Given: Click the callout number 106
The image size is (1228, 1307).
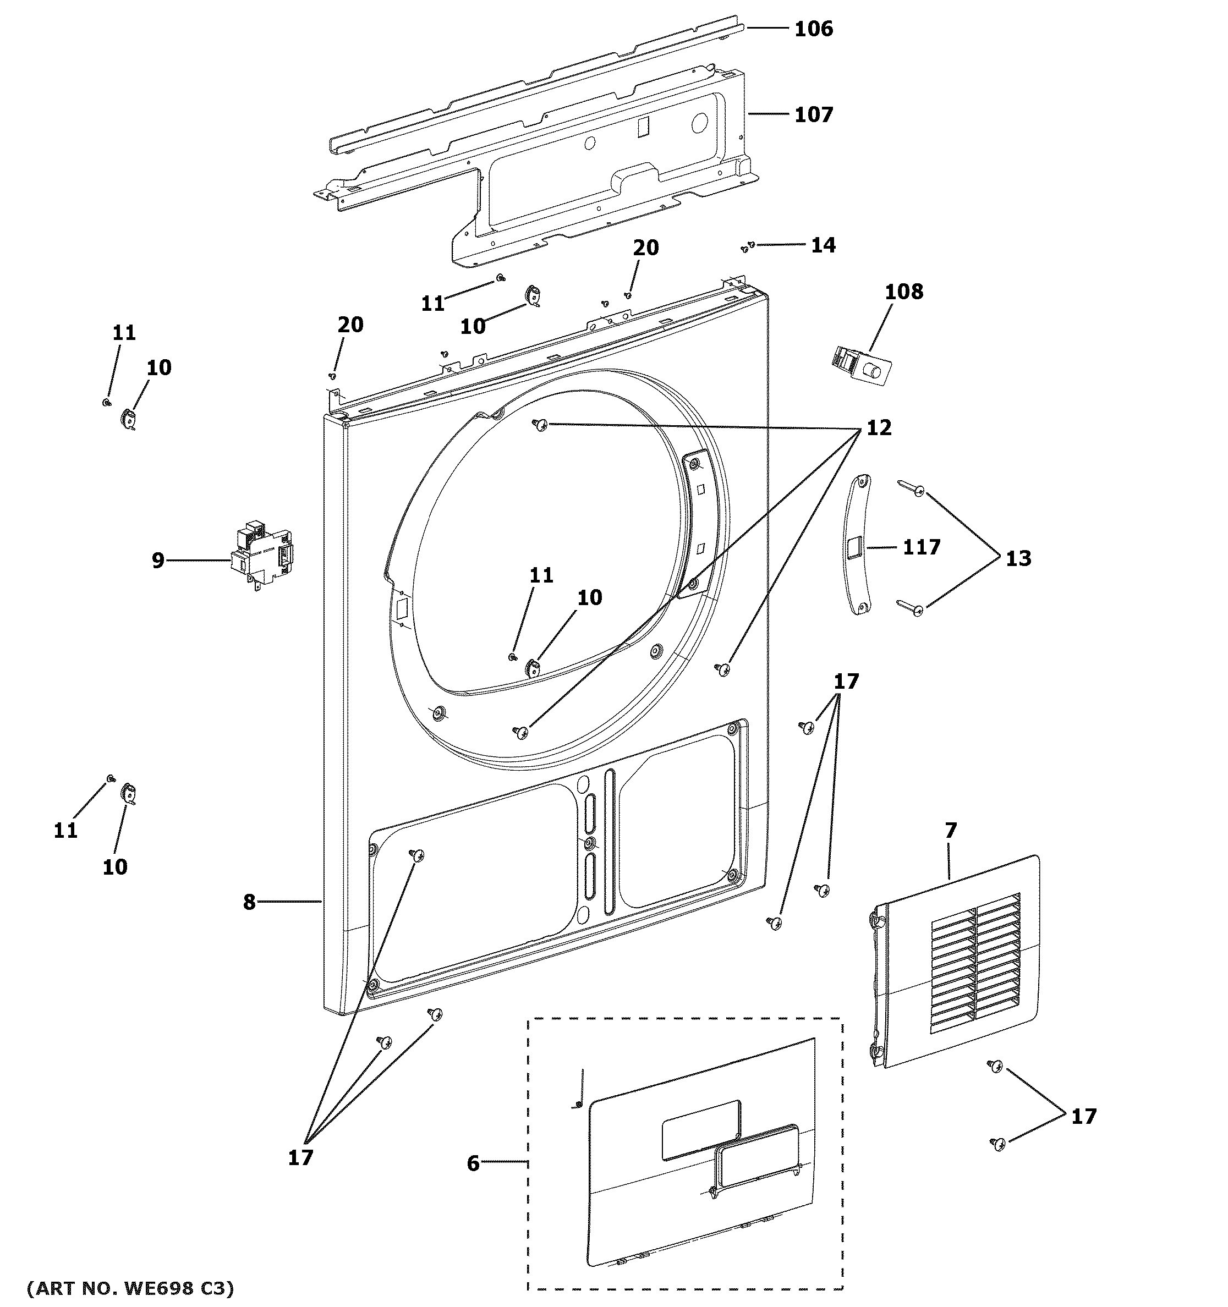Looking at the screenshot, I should click(x=813, y=29).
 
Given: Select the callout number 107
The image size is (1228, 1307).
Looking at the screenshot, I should click(x=813, y=115).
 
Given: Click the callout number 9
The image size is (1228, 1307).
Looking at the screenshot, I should click(x=158, y=561).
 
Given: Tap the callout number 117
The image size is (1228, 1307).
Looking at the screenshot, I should click(x=921, y=547).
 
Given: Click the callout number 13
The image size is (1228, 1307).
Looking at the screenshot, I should click(x=1018, y=559).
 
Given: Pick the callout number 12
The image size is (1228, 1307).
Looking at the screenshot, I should click(x=879, y=428).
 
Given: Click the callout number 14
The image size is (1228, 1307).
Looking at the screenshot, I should click(x=823, y=245).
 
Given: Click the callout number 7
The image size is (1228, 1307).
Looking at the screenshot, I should click(x=951, y=831).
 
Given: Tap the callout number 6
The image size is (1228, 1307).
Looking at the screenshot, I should click(x=473, y=1163).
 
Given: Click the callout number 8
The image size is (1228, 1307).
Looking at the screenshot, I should click(x=249, y=903).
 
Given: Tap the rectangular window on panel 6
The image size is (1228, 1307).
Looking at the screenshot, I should click(x=700, y=1129).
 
